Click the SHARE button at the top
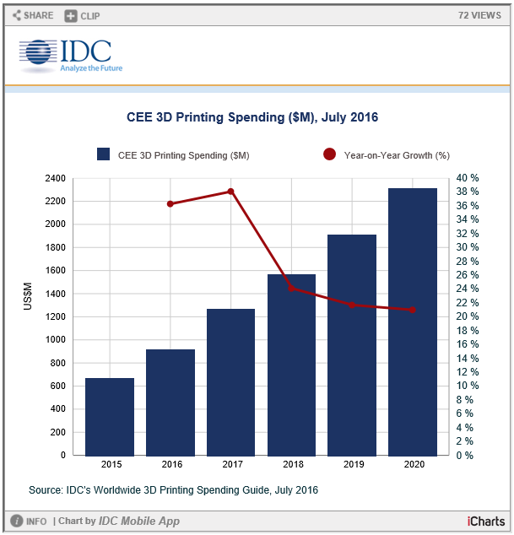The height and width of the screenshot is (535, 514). coord(33,15)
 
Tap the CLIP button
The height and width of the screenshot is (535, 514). coord(82,15)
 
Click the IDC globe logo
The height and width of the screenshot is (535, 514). coord(37,53)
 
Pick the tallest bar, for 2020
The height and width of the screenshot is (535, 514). coord(413,322)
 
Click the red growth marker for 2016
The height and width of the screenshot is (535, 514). coord(170,203)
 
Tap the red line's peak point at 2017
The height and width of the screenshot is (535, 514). coord(230,192)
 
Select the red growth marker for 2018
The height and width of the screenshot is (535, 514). coord(291,288)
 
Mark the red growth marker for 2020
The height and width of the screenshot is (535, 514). coord(413,310)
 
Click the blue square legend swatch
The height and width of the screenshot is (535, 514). coord(104,154)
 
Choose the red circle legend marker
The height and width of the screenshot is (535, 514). coord(329,154)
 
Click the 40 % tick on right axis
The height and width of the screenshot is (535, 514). coord(468,178)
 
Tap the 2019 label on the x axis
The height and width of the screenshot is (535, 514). coord(352,464)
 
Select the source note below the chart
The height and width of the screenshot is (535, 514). coord(173,489)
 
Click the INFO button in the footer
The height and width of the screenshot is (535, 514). coord(29,521)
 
